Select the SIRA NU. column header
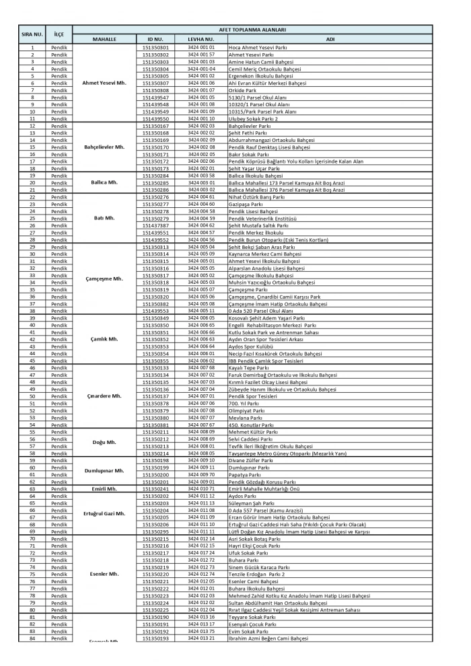pos(32,34)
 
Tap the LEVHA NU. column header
pos(201,39)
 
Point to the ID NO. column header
pos(155,39)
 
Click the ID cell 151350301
pos(155,48)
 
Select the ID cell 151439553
pos(155,311)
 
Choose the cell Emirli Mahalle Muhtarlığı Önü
pos(269,488)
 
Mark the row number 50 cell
pos(32,396)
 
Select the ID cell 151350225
pos(155,609)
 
